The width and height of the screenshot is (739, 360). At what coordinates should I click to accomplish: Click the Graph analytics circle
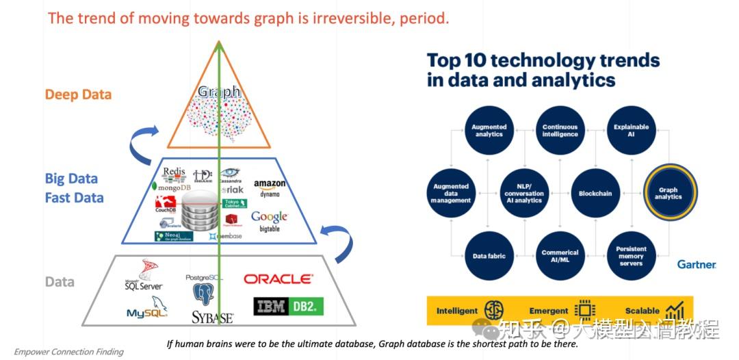(668, 193)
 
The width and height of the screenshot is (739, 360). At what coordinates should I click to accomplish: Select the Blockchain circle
(595, 193)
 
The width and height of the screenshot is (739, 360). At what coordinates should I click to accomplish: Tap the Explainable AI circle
(631, 130)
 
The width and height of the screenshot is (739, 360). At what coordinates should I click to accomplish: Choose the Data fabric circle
(489, 256)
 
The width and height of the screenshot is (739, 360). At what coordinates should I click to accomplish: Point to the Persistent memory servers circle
(631, 256)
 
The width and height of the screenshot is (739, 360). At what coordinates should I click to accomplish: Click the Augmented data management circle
(451, 193)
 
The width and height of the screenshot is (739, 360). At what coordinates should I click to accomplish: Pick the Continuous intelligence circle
(560, 130)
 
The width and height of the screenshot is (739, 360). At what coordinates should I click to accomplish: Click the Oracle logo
(278, 279)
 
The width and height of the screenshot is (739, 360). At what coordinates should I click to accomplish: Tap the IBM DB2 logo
(288, 307)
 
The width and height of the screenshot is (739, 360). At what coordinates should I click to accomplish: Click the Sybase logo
(212, 318)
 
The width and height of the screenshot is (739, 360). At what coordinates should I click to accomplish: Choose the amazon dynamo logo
(270, 188)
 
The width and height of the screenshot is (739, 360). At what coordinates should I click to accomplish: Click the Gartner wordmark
(696, 264)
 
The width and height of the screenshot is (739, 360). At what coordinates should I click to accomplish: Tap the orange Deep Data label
(78, 94)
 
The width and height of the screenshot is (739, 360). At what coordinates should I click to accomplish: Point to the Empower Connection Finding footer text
(68, 352)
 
